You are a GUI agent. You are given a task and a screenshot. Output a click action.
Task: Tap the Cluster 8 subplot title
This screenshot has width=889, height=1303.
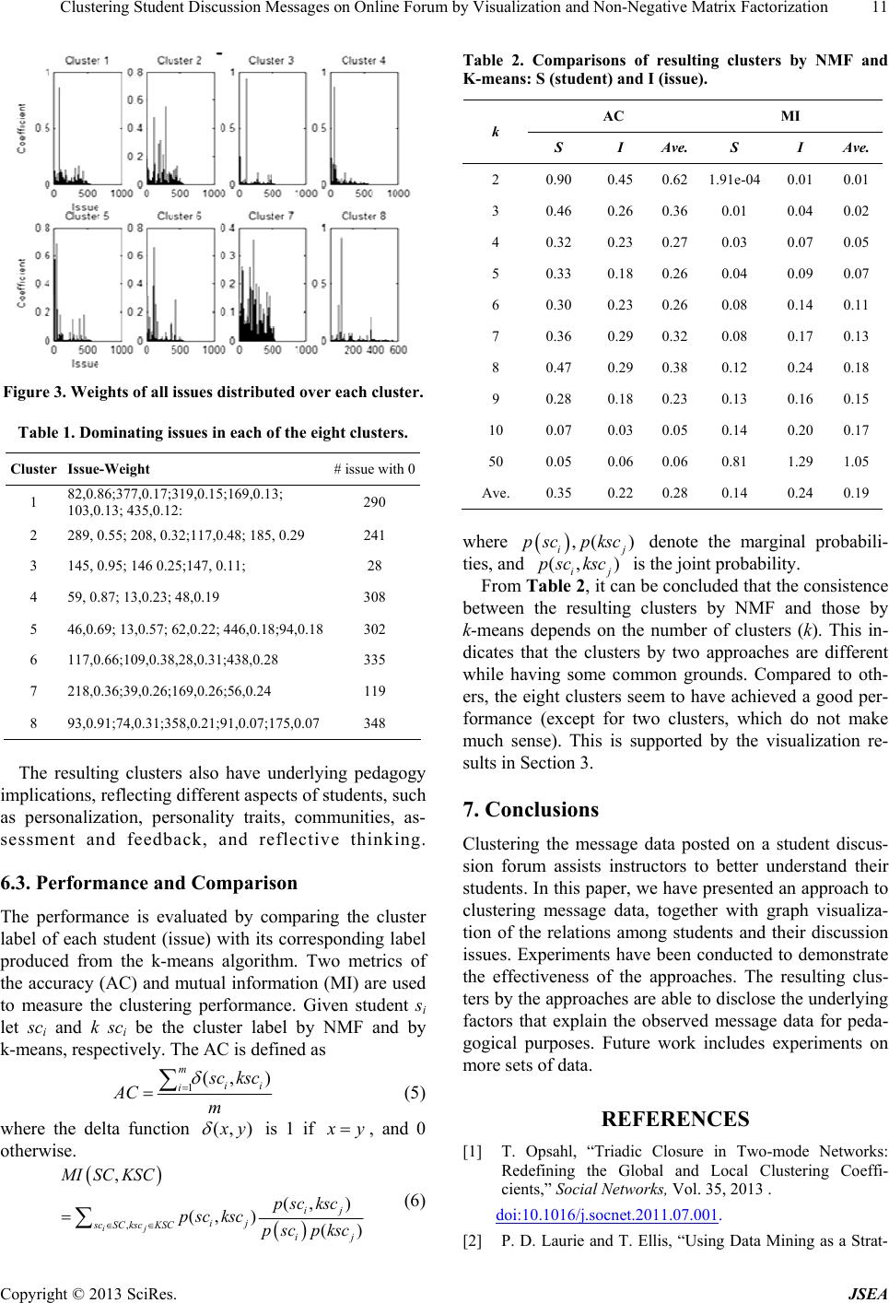click(x=363, y=216)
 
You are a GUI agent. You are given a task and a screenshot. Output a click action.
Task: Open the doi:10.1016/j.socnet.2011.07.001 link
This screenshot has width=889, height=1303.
click(x=606, y=1215)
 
